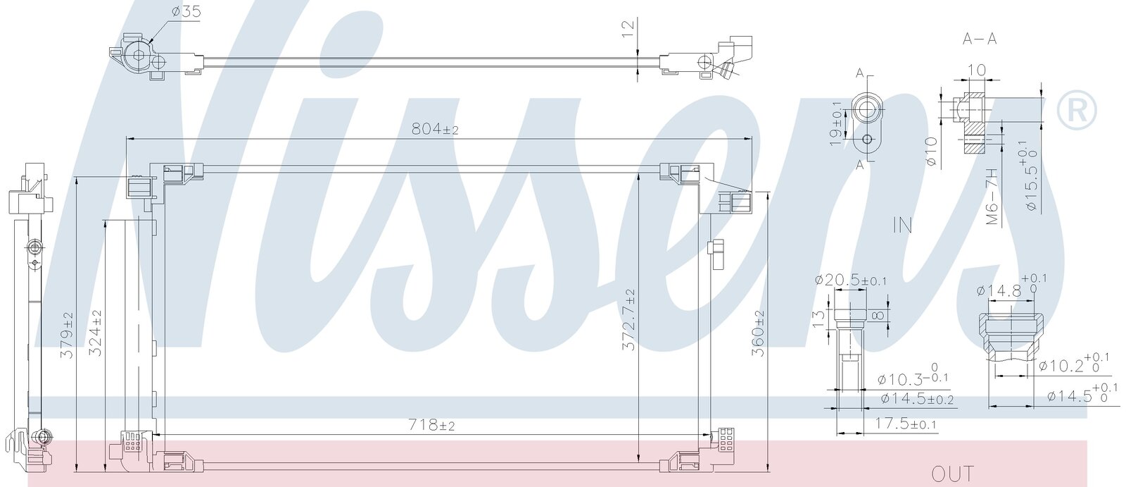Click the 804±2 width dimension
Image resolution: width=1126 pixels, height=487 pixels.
(435, 130)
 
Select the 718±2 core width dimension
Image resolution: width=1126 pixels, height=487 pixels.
(431, 425)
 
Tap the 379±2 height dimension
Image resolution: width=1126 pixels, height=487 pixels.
(67, 335)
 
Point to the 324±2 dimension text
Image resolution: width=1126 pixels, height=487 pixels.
(95, 333)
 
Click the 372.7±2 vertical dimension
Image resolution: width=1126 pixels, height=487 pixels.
(628, 320)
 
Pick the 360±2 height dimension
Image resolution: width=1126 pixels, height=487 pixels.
(757, 333)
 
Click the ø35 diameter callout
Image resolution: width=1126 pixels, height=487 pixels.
(186, 11)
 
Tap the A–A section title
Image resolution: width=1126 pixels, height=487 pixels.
(979, 39)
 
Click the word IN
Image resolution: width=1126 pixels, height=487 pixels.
(903, 225)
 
